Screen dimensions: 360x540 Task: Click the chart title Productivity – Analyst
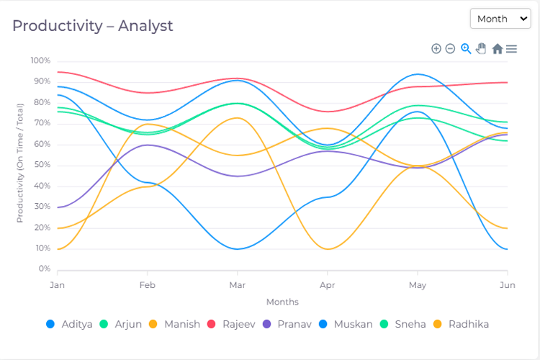[93, 26]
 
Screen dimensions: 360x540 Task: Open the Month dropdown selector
[500, 19]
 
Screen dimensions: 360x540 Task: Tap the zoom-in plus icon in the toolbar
[436, 49]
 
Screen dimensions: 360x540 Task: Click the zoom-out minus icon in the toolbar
[450, 49]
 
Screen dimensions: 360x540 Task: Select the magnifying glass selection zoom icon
[466, 49]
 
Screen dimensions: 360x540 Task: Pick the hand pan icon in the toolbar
[481, 49]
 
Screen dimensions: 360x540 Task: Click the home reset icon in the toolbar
[497, 49]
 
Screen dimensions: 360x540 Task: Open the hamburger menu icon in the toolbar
[511, 49]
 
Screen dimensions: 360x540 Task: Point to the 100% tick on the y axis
[40, 60]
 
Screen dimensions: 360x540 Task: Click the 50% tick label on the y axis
[42, 165]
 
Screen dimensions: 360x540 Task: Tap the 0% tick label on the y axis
[44, 269]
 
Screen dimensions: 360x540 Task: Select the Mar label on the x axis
[237, 285]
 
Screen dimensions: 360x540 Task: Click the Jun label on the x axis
[508, 285]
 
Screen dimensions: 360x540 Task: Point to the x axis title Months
[282, 302]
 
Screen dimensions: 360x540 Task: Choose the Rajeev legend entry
[233, 324]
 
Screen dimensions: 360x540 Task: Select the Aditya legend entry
[69, 324]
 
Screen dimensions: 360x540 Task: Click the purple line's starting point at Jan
[58, 207]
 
